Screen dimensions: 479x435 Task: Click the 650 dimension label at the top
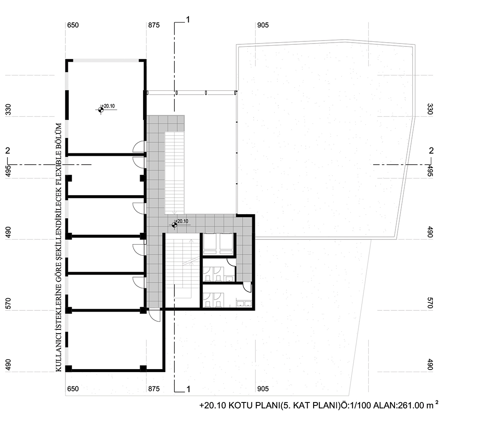click(x=73, y=25)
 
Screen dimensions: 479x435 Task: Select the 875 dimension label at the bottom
click(x=154, y=389)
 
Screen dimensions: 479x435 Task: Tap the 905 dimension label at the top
click(x=263, y=25)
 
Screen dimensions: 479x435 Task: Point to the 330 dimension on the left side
click(x=8, y=110)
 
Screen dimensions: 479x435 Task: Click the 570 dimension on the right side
click(x=430, y=303)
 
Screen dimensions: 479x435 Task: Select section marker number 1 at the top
click(x=188, y=19)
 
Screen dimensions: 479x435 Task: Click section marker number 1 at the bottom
click(x=188, y=389)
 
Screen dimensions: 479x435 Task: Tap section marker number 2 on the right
click(x=431, y=151)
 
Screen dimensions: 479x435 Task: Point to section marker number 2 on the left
click(x=8, y=151)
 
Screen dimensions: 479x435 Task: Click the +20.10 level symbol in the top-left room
click(x=101, y=109)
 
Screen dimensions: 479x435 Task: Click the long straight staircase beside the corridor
click(x=175, y=173)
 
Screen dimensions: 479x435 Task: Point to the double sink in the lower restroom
click(x=244, y=304)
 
